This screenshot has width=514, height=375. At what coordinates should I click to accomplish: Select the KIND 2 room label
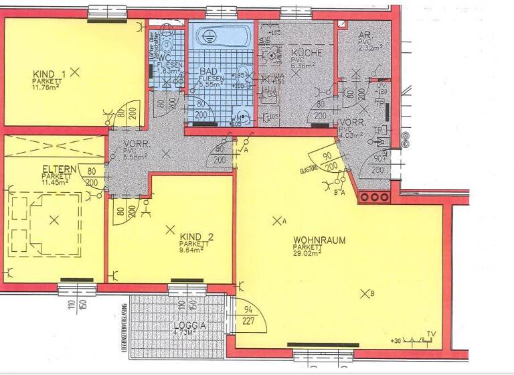[195, 237]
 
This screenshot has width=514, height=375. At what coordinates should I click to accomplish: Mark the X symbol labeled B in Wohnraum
[365, 293]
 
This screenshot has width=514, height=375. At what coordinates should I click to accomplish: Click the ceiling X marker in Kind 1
[75, 70]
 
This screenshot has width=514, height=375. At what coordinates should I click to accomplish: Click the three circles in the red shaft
[374, 198]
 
